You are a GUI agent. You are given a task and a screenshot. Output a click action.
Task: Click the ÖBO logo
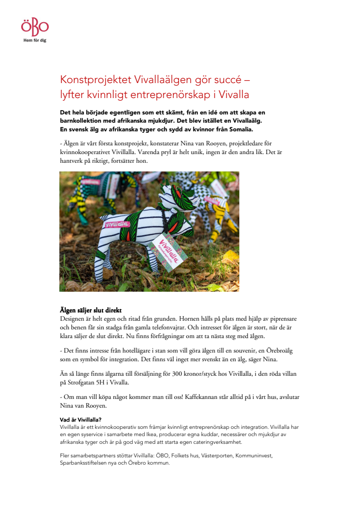tap(35, 26)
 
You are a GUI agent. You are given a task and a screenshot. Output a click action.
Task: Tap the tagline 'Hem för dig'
tap(35, 40)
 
